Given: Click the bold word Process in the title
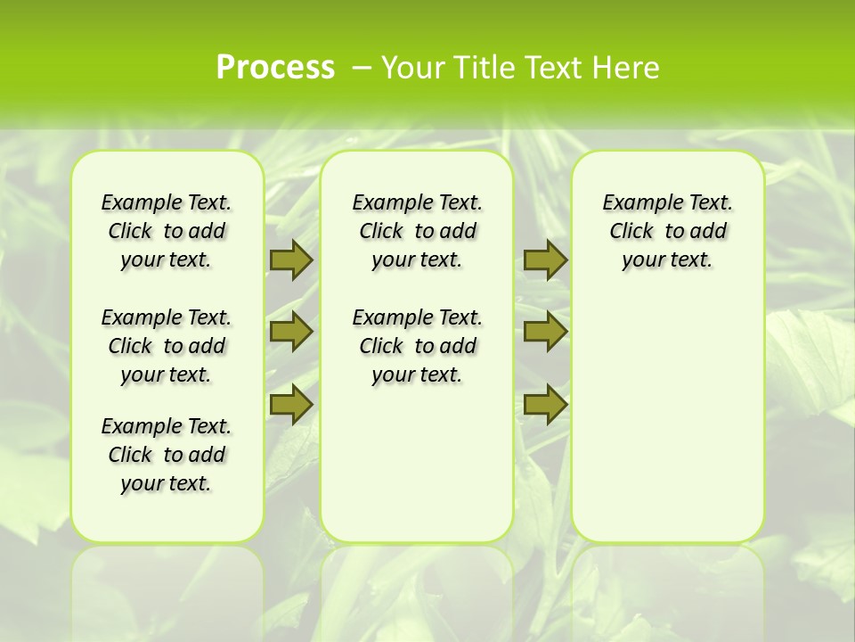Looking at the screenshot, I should tap(275, 67).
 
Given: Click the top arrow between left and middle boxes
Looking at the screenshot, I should tap(290, 259).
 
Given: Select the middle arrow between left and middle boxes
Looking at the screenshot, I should tap(290, 332).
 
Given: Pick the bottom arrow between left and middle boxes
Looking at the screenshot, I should tap(290, 404).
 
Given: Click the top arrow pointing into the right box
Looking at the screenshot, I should tap(545, 259).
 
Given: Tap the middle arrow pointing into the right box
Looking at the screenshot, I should tap(545, 332).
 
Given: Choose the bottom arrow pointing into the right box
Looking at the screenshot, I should tap(545, 404).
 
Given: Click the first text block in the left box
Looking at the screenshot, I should tap(167, 231).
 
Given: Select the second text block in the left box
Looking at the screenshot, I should tap(167, 346).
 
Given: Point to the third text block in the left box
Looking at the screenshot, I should tap(167, 455).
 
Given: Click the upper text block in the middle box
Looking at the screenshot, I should tap(418, 231).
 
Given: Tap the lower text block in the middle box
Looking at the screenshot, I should tap(418, 346).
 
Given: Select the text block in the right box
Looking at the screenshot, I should tap(668, 231).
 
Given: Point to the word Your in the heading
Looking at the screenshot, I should tap(414, 68).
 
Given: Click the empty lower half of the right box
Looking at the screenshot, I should tap(668, 428).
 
